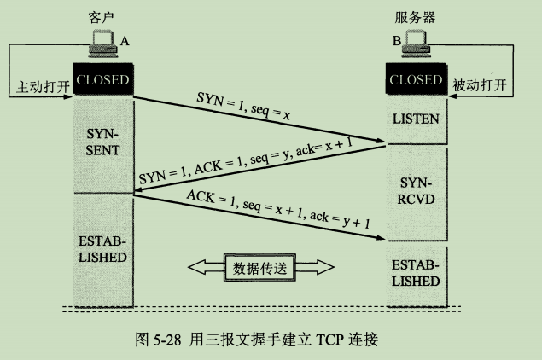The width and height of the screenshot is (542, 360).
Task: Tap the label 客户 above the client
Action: point(102,16)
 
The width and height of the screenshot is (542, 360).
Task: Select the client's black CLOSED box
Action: point(102,81)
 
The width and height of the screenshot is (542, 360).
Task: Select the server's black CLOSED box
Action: point(417,81)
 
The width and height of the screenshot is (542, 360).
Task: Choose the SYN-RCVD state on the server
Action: point(417,191)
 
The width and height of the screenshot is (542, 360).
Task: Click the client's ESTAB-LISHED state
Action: point(102,248)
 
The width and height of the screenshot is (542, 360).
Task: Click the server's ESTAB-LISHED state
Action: point(417,273)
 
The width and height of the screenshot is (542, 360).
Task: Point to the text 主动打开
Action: point(41,87)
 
